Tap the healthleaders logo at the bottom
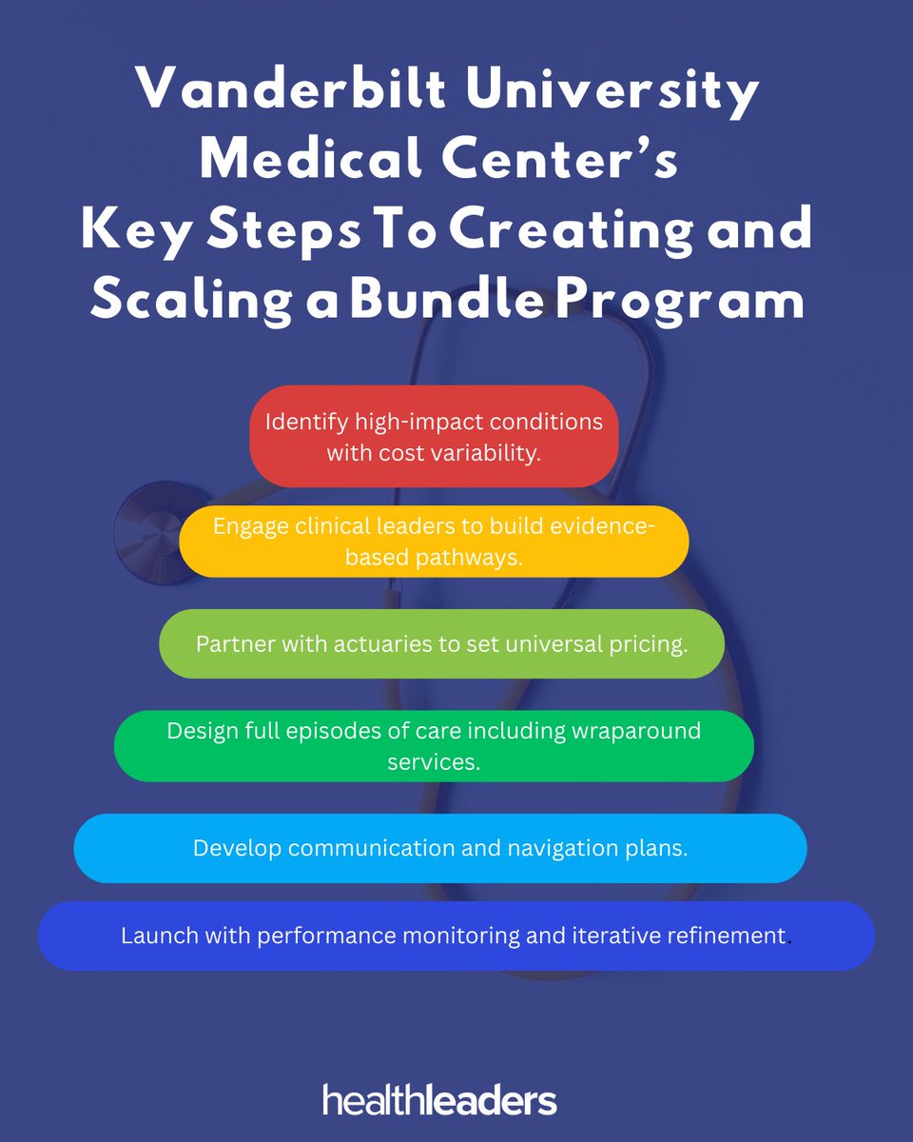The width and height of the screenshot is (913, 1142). tap(439, 1100)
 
